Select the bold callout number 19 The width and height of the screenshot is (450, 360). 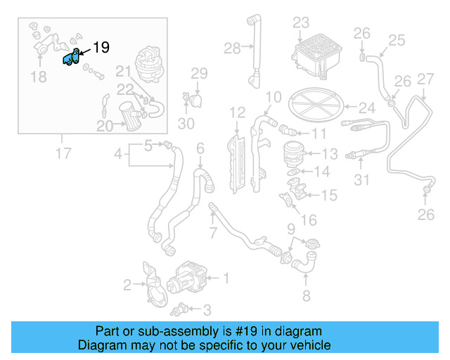coord(101,48)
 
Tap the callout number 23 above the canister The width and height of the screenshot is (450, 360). coord(301,22)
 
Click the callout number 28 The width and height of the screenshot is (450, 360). coord(233,48)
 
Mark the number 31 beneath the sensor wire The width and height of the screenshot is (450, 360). coord(361,180)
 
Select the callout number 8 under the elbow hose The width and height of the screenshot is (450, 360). coord(305,295)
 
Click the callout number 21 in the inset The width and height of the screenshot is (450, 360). coord(124,72)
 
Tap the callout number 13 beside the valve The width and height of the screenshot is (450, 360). coord(330,153)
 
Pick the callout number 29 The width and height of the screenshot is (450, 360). coord(199,73)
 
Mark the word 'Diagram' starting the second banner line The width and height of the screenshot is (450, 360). coord(100,345)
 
